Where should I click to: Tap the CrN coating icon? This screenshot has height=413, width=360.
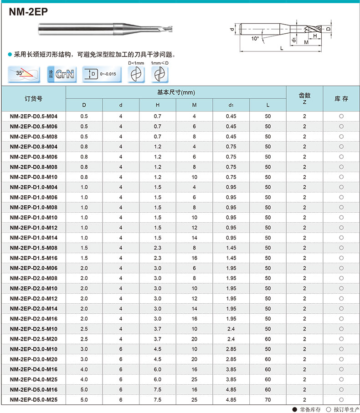[62, 74]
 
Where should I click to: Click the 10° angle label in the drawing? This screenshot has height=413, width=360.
[255, 39]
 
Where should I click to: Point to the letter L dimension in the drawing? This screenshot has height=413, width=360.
[283, 48]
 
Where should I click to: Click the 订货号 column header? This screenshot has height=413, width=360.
[33, 98]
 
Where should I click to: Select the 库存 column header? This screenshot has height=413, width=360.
[341, 98]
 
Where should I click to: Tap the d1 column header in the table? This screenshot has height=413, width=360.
[231, 106]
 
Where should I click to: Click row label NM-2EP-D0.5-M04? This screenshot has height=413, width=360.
[37, 116]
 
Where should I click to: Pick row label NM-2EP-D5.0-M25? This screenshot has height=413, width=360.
[37, 400]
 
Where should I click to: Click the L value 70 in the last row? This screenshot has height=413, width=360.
[267, 400]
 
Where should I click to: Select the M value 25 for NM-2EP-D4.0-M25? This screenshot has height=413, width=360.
[195, 379]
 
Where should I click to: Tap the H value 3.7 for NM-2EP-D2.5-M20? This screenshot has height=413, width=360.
[158, 339]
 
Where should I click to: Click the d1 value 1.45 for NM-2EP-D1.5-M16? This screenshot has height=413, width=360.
[231, 258]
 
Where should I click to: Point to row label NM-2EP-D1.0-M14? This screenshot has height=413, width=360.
[37, 238]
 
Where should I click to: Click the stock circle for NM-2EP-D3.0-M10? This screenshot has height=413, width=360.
[341, 349]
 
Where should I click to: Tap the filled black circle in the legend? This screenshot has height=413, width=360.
[294, 408]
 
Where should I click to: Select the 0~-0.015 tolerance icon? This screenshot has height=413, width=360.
[103, 74]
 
